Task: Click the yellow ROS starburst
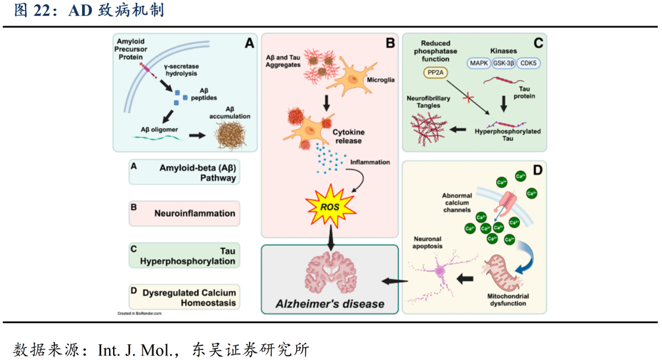click(x=330, y=206)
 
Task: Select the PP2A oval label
click(x=435, y=73)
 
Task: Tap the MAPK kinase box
click(x=479, y=64)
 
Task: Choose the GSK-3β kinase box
click(x=504, y=64)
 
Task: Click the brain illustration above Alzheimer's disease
click(x=330, y=272)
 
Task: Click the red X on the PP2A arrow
click(x=468, y=98)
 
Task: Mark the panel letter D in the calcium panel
click(x=538, y=171)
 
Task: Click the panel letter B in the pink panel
click(x=390, y=43)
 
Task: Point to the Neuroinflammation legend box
click(x=185, y=214)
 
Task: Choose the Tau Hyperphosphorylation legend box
click(x=185, y=256)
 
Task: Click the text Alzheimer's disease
click(x=330, y=304)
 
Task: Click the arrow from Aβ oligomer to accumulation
click(x=196, y=136)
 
